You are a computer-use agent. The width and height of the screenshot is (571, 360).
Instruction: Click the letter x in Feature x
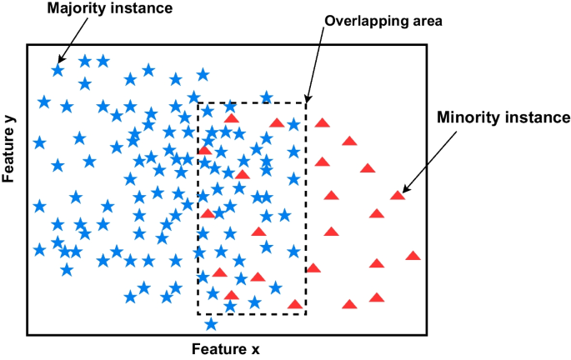[x=257, y=349]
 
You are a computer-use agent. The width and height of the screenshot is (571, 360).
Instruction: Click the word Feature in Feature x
[x=220, y=349]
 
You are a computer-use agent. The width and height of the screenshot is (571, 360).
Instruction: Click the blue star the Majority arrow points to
[x=58, y=70]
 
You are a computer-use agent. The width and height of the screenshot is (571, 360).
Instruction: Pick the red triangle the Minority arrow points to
[x=398, y=196]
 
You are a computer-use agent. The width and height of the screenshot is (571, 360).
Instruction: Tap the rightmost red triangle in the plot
[x=413, y=256]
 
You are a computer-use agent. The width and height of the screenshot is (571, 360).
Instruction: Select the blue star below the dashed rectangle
[x=211, y=323]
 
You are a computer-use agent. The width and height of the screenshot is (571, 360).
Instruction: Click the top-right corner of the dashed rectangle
[x=306, y=102]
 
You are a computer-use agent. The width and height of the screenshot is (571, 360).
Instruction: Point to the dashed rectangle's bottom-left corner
[x=198, y=314]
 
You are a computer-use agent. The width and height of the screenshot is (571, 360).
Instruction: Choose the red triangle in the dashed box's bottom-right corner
[x=294, y=304]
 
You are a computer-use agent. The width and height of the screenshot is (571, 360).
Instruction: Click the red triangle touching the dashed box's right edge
[x=313, y=267]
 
